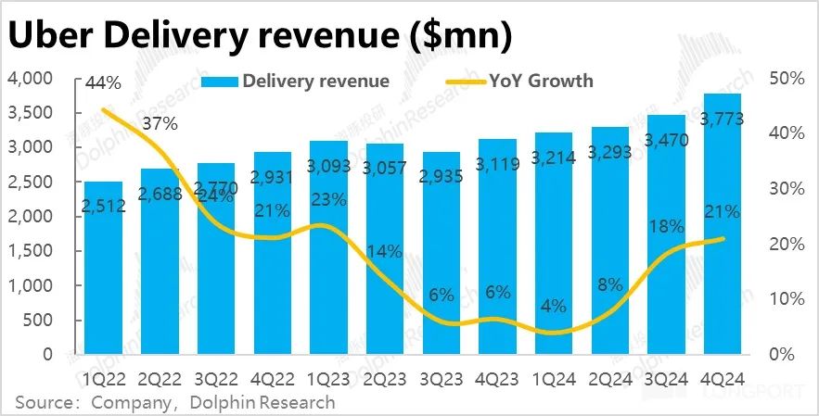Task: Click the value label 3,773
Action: click(x=721, y=118)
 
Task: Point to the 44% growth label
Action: click(x=103, y=82)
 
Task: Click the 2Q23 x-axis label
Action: click(x=385, y=378)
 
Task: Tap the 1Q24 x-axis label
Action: click(x=553, y=378)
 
